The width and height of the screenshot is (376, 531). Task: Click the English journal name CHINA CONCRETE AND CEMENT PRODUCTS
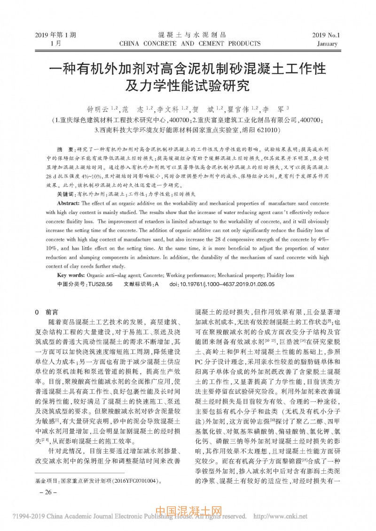(190, 44)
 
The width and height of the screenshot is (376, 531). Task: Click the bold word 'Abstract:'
(70, 203)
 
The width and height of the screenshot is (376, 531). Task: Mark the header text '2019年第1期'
(56, 35)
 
